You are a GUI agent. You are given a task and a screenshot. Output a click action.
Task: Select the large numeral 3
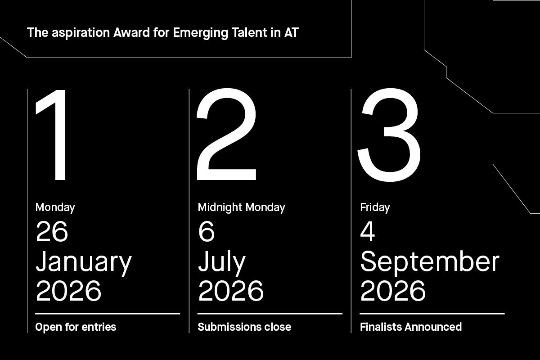[x=389, y=135]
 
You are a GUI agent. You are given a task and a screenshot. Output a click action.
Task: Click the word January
[x=84, y=262]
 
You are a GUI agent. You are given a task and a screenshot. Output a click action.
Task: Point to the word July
[x=222, y=262]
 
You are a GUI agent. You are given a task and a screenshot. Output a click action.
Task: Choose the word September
[x=430, y=262]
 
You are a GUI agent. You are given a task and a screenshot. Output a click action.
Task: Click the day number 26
[x=52, y=232]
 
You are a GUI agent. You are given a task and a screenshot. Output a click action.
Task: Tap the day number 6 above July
[x=206, y=232]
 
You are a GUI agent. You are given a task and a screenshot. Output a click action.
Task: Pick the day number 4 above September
[x=368, y=232]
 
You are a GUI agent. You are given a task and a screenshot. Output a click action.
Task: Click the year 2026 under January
[x=68, y=291]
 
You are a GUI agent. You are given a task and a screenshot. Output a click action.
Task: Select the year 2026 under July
[x=231, y=291]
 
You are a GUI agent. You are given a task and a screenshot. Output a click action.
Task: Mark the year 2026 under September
[x=393, y=291]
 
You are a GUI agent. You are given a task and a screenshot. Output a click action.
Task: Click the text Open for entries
[x=76, y=327]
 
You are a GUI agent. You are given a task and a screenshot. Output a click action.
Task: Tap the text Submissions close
[x=244, y=327]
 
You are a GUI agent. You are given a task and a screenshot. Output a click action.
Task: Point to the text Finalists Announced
[x=411, y=327]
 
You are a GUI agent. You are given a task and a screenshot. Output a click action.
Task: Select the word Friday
[x=375, y=207]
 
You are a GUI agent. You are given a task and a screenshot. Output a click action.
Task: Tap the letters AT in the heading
[x=291, y=33]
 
